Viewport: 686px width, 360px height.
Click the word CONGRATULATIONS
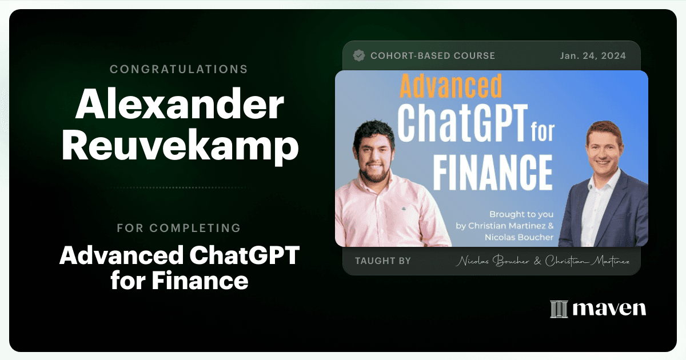coord(178,69)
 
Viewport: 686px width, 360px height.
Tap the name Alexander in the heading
coord(180,104)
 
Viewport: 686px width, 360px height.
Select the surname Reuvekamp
coord(180,145)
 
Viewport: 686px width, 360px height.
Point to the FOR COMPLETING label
coord(179,228)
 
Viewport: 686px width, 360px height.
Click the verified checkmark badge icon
coord(358,56)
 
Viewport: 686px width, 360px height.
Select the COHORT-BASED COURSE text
coord(433,56)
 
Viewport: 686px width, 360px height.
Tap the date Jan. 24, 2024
coord(593,56)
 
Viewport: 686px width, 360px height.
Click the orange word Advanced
coord(451,86)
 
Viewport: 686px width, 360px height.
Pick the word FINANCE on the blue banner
coord(493,173)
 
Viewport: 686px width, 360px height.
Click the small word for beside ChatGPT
coord(543,131)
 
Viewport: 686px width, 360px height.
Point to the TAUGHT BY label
coord(383,261)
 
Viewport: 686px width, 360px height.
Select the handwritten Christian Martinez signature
coord(587,261)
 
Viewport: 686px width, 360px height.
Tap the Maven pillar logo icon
coord(559,309)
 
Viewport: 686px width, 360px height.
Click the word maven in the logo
coord(609,309)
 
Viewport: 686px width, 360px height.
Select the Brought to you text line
coord(521,214)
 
